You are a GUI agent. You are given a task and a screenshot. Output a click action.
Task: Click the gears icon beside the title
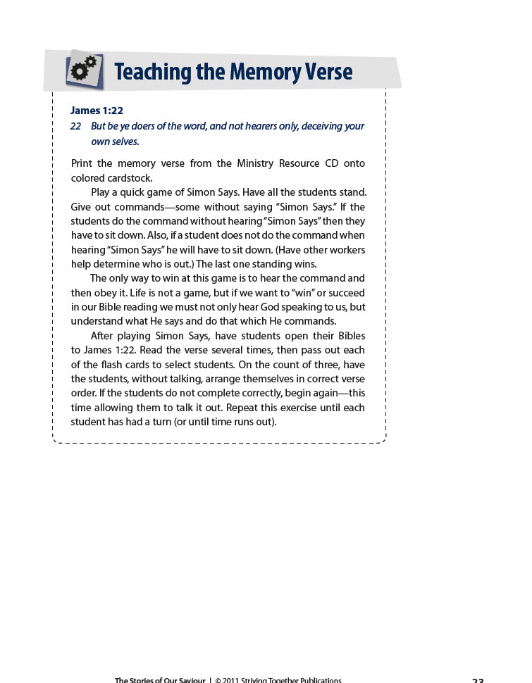point(85,70)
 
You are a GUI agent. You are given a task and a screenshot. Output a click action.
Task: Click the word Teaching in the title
point(152,72)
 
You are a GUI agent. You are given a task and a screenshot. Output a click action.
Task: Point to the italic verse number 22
point(76,126)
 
